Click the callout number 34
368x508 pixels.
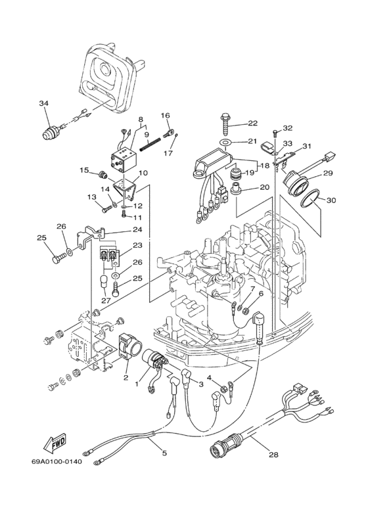44,103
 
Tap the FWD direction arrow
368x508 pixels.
55,442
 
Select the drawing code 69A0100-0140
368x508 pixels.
57,461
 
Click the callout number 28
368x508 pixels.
274,455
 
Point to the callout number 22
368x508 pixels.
253,123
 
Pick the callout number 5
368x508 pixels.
164,453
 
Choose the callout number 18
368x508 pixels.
265,166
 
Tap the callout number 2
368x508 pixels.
126,377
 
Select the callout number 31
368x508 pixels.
306,147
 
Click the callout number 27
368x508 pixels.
106,300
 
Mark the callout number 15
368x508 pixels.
85,170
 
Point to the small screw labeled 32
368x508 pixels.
274,133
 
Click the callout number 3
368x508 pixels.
201,384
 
